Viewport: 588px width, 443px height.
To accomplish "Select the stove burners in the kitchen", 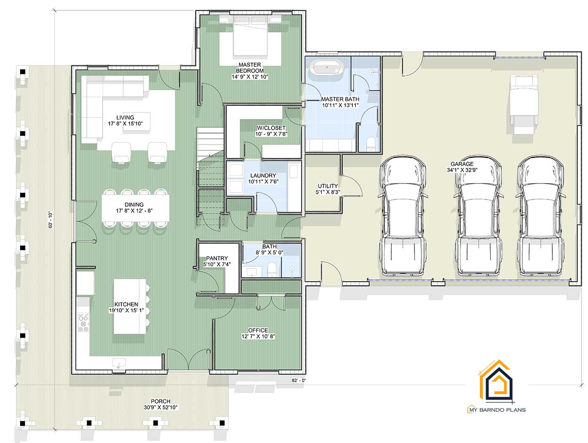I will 83,323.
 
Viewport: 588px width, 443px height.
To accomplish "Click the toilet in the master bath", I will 370,144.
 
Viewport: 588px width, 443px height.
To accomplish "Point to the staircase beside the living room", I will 209,174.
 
